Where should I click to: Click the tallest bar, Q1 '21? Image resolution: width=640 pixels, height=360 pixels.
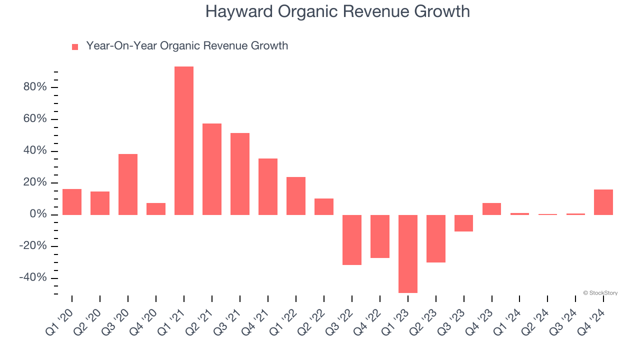point(184,140)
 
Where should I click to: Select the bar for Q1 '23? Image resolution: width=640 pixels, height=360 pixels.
point(408,253)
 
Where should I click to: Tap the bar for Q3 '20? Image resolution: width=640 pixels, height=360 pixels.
point(128,184)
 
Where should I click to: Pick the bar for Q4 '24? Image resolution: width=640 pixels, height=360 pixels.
point(603,202)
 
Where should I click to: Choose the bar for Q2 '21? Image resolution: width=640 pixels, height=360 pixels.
point(212,169)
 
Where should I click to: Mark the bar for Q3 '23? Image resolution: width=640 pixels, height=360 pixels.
point(464,223)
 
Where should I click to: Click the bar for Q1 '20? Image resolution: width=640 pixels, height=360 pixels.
point(72,201)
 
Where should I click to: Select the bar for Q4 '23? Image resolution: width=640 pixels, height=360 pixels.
point(492,208)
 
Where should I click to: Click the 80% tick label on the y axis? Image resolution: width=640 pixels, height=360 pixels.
point(34,87)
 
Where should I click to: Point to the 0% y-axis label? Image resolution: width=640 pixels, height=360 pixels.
point(37,214)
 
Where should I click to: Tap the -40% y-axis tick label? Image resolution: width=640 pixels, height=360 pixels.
point(32,278)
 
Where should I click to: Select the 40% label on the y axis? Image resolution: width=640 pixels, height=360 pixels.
point(34,151)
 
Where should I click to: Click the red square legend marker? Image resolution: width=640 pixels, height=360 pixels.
point(75,46)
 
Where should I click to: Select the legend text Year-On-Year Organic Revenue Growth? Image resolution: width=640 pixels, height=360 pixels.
point(187,46)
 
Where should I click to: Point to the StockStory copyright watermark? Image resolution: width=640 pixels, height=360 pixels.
point(600,293)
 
